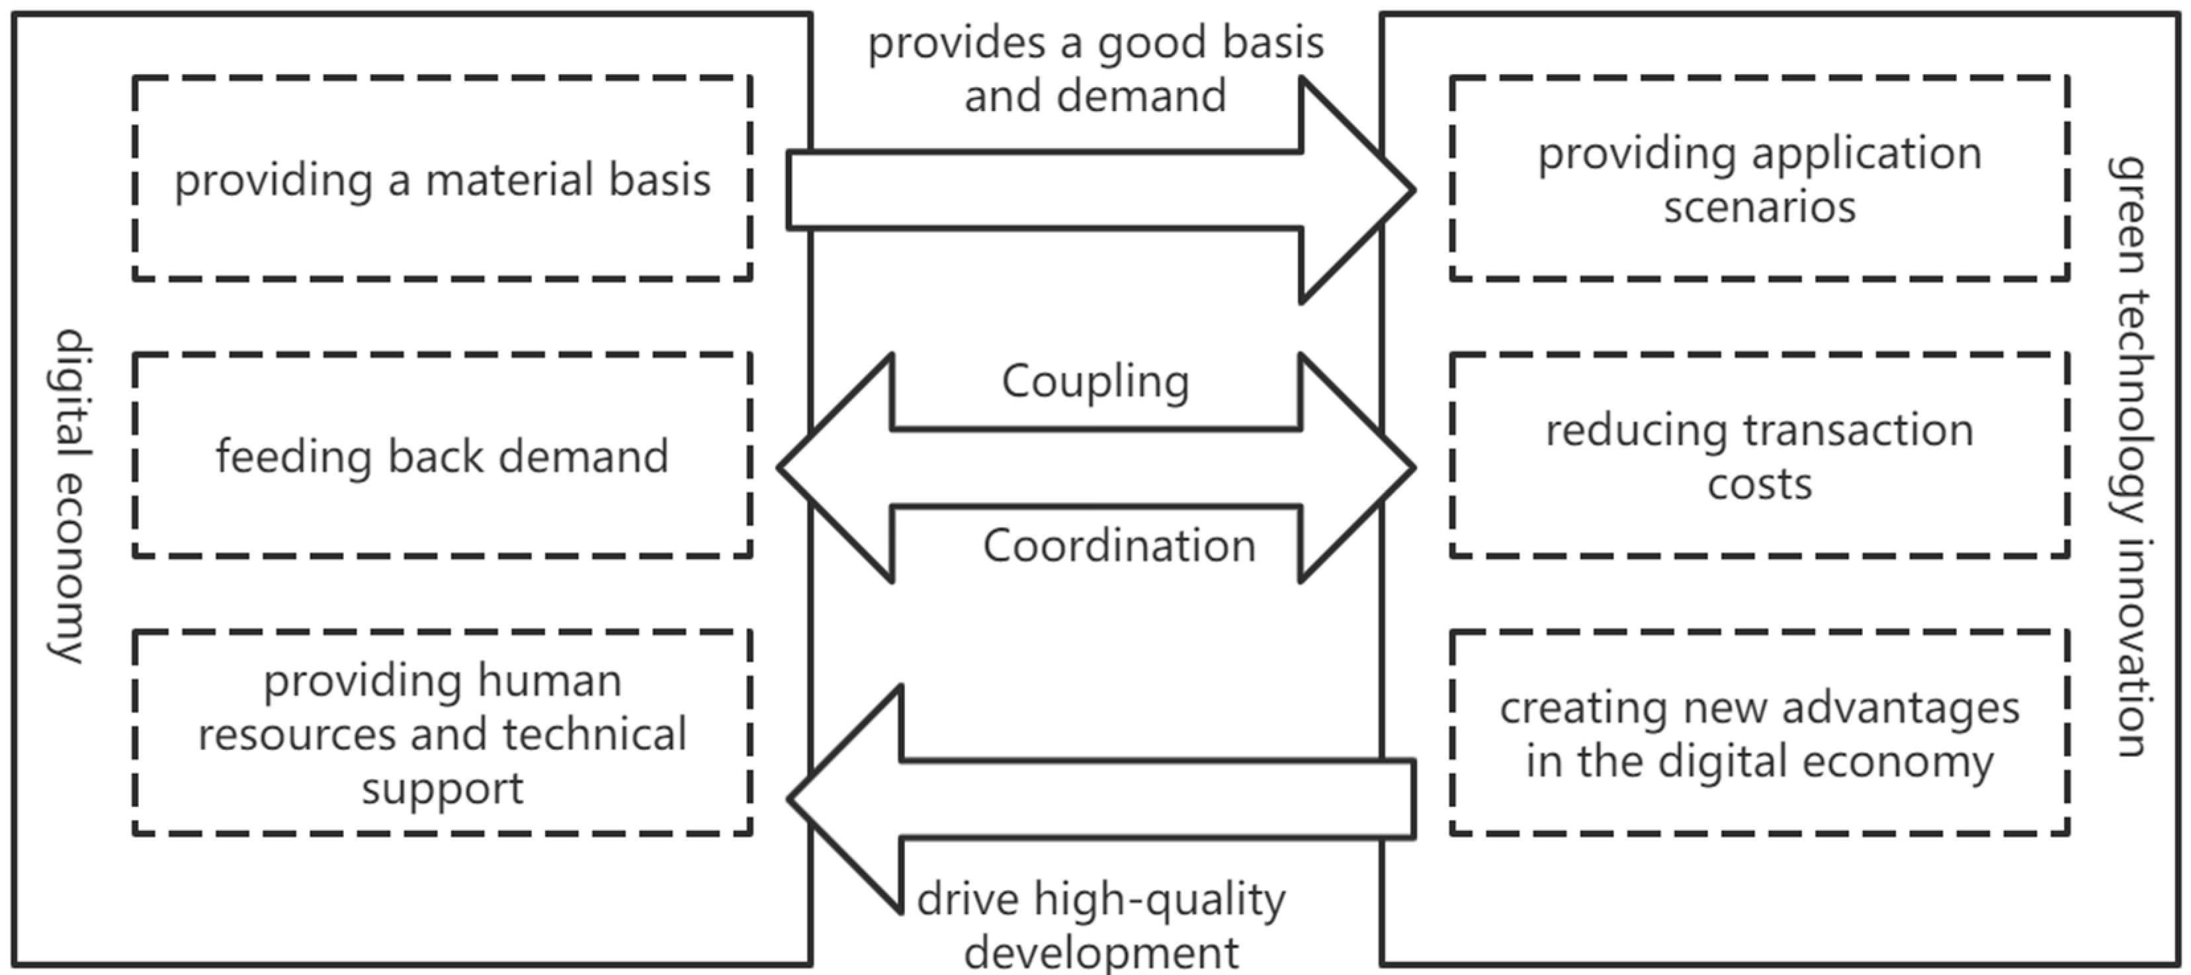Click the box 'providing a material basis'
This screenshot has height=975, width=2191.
pos(443,179)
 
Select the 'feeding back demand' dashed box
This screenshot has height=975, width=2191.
pos(443,456)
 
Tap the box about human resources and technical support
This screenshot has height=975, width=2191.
pos(443,734)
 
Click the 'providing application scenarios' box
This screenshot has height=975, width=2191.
pos(1759,179)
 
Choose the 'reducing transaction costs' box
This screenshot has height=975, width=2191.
pos(1759,456)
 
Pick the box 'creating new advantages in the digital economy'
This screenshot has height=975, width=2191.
pos(1759,734)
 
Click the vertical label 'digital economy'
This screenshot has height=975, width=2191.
pos(69,495)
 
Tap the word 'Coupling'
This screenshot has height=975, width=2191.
pos(1095,381)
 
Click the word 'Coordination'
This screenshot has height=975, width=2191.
pos(1119,545)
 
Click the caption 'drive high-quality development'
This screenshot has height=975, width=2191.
pos(1101,925)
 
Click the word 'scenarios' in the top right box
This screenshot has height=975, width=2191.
pos(1759,207)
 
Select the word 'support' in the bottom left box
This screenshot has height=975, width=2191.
pos(443,788)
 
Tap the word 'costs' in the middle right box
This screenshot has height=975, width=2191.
pos(1759,484)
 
